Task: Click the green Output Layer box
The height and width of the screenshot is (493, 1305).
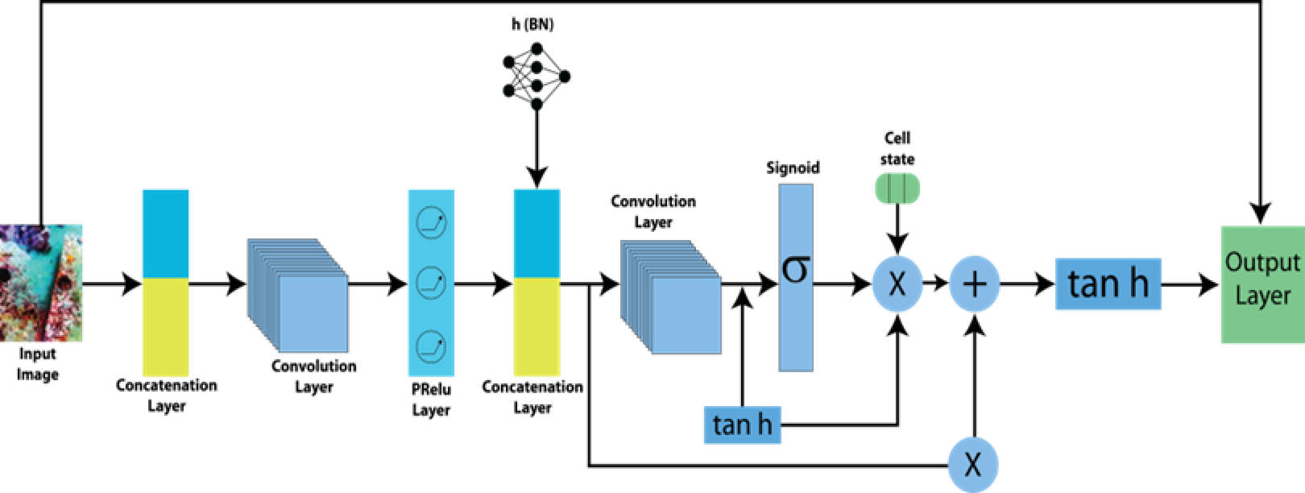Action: pos(1261,284)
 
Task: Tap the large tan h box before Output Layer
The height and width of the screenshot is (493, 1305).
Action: pos(1108,284)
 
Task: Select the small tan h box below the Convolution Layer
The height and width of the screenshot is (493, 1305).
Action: pos(742,424)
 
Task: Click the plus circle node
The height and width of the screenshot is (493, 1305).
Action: pos(975,284)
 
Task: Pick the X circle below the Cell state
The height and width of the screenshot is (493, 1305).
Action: pos(897,284)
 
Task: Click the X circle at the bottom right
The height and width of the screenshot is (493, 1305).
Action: pos(973,465)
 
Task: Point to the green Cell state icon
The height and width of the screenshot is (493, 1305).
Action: pos(897,188)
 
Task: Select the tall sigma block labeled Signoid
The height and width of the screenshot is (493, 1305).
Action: pos(796,277)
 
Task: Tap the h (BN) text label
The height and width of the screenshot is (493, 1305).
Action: pos(532,24)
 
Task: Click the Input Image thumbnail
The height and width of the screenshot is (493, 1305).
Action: pos(40,282)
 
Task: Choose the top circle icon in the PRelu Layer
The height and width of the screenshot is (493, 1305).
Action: pos(431,223)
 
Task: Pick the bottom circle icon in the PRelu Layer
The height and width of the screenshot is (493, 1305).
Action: pos(431,346)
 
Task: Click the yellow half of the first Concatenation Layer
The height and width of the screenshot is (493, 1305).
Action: pos(166,326)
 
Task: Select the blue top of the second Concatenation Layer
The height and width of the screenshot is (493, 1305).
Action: pos(536,234)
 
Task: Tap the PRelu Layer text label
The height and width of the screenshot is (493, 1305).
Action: pos(431,400)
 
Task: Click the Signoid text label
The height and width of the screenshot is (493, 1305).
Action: pos(793,168)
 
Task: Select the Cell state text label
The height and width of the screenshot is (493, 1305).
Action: pos(897,148)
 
